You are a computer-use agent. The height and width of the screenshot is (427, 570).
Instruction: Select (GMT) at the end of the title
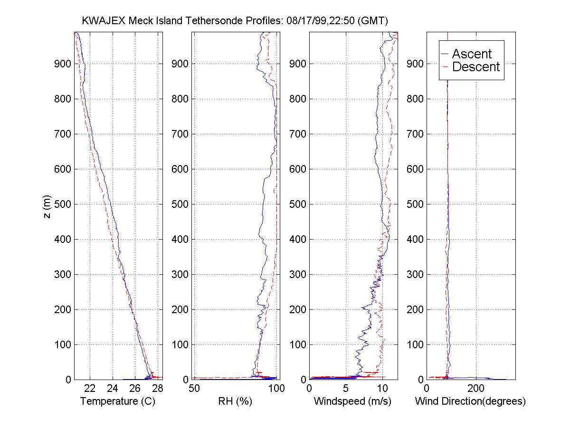click(x=373, y=21)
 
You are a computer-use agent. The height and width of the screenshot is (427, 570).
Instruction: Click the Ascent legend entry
click(x=472, y=54)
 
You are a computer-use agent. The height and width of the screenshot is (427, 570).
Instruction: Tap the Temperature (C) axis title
click(x=118, y=401)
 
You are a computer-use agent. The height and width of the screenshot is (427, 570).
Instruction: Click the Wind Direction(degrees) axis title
click(x=470, y=401)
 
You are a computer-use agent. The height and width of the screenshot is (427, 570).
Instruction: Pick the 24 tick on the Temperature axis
click(x=113, y=389)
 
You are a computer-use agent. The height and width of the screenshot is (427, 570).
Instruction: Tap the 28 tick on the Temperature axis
click(x=158, y=389)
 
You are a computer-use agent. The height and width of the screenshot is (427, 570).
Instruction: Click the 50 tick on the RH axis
click(x=194, y=389)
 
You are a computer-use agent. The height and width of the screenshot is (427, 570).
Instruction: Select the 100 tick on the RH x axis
click(x=276, y=389)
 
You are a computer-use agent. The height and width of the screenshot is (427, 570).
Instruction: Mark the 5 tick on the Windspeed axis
click(x=346, y=389)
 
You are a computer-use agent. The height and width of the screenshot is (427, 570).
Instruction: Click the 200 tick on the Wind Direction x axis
click(x=476, y=389)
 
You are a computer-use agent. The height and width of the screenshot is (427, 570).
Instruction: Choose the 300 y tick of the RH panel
click(x=182, y=274)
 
